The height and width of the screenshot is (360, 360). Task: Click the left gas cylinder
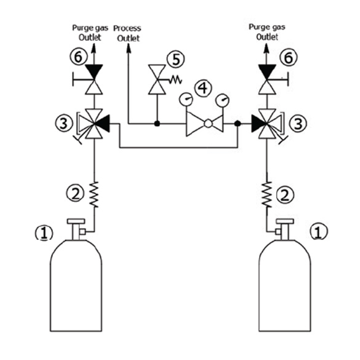(76, 285)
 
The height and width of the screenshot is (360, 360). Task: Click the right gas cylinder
(285, 285)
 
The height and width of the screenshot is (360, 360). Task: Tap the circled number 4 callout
(203, 88)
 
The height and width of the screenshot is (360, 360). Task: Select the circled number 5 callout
(175, 59)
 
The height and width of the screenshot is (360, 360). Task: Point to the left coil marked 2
(94, 194)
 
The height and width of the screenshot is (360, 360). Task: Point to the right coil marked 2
(267, 194)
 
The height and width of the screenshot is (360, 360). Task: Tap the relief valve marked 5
(157, 79)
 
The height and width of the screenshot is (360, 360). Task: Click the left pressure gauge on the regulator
(186, 99)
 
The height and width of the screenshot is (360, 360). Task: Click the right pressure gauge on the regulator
(222, 100)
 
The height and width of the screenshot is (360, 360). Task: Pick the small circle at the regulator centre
(208, 124)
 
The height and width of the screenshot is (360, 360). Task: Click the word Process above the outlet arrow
(127, 28)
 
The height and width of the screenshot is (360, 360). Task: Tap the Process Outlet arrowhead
(129, 48)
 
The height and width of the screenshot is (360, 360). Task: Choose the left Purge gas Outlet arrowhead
(94, 48)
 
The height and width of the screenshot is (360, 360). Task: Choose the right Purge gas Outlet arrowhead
(266, 48)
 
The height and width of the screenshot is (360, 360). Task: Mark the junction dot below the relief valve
(157, 124)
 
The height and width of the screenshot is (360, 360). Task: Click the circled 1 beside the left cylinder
(44, 233)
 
